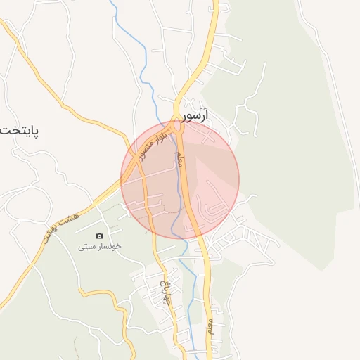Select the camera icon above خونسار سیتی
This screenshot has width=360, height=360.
pos(99,236)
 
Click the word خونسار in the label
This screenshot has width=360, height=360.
pos(108,247)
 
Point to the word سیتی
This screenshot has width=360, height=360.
pos(86,247)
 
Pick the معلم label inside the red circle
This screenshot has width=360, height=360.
pos(178,158)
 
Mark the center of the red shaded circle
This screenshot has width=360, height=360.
pos(180,180)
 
